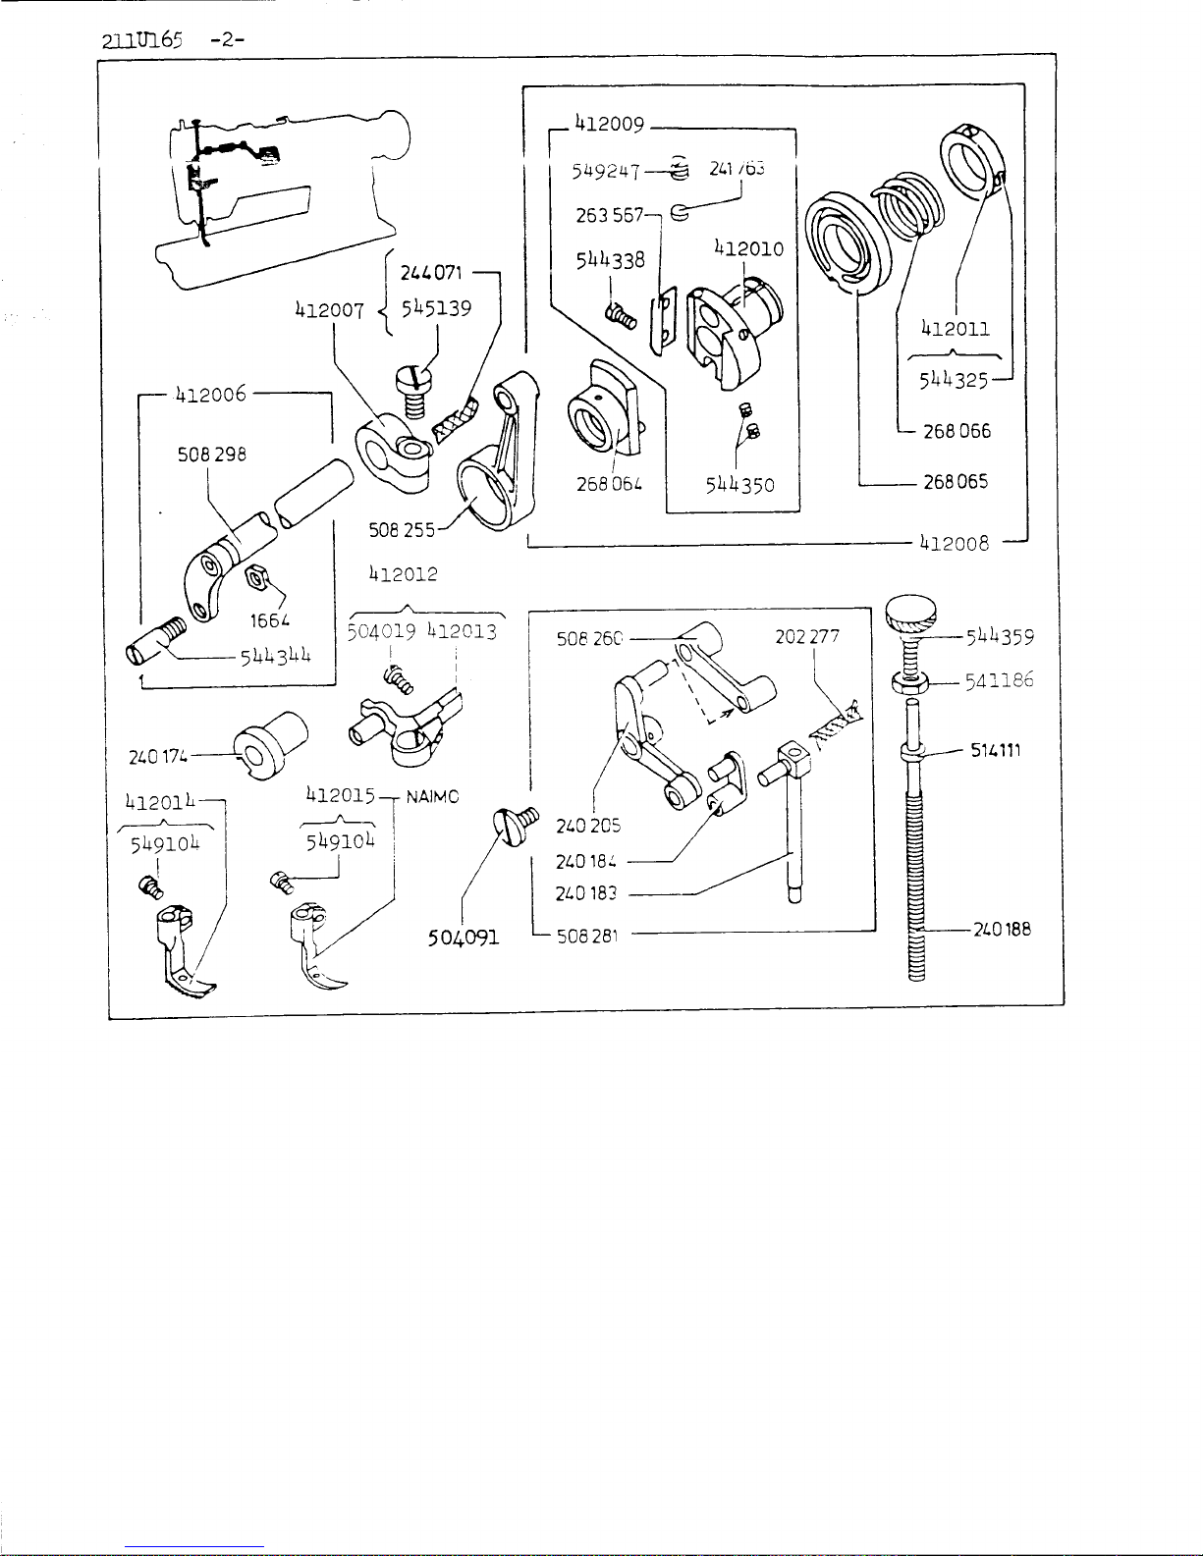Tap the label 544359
[1000, 636]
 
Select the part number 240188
[1002, 929]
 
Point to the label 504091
[464, 937]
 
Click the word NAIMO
[432, 796]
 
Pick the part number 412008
[954, 542]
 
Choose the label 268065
[956, 482]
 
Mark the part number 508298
[211, 455]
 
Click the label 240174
[156, 757]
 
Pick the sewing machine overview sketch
[280, 196]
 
